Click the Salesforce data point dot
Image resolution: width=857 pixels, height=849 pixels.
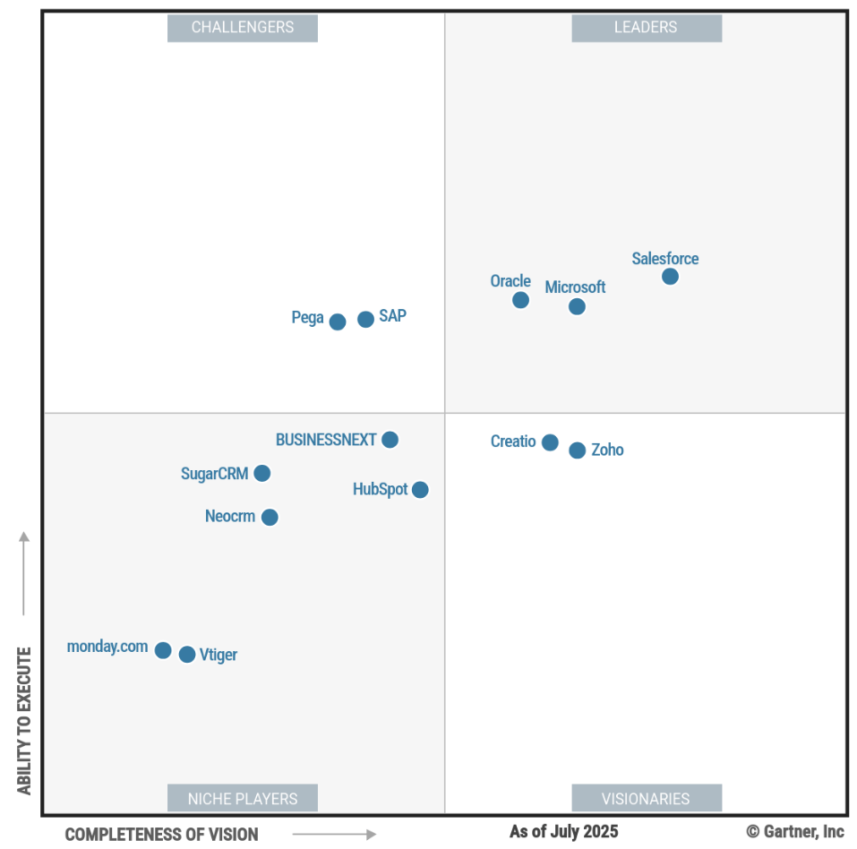tap(670, 277)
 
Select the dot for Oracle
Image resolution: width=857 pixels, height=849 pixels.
tap(520, 300)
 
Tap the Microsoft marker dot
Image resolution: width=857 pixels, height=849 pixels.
tap(577, 307)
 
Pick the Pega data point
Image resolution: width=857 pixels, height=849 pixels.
tap(338, 322)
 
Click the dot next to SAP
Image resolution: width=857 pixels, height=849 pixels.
tap(365, 319)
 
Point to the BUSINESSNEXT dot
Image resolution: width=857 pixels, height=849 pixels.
tap(390, 440)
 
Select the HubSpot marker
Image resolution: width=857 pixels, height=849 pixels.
tap(420, 490)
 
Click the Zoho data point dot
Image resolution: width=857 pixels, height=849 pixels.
tap(578, 450)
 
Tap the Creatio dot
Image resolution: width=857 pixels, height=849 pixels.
tap(550, 442)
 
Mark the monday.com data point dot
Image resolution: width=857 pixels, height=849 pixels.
tap(163, 650)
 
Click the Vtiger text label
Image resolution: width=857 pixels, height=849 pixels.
tap(219, 655)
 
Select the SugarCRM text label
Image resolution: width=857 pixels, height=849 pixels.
tap(214, 474)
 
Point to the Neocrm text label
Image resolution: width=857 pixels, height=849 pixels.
tap(230, 517)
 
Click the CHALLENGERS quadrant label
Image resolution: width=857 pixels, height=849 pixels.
tap(243, 28)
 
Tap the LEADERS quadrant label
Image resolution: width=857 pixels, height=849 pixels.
tap(646, 28)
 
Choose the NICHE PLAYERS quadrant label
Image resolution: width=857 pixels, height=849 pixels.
tap(243, 798)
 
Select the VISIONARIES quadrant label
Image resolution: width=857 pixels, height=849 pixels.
tap(646, 798)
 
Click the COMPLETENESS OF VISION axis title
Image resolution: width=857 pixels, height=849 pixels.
tap(161, 835)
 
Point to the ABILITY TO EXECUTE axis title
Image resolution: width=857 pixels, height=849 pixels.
tap(24, 721)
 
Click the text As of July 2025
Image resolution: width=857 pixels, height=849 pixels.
tap(564, 832)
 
